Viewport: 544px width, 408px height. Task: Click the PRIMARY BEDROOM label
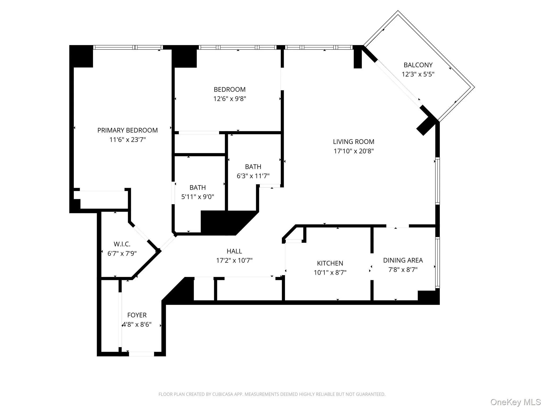127,130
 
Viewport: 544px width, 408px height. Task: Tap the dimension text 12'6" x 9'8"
229,99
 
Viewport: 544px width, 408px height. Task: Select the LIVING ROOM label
354,142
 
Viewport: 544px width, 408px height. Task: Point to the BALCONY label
418,65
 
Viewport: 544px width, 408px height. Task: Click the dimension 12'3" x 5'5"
418,74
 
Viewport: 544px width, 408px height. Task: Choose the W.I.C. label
122,244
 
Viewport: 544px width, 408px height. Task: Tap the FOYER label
137,315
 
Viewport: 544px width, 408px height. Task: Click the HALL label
234,251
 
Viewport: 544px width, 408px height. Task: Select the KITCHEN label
330,263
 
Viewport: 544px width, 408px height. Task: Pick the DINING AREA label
403,260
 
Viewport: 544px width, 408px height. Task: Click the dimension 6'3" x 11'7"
253,176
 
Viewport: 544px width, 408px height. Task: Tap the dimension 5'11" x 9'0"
198,197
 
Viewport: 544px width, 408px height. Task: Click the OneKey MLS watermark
515,402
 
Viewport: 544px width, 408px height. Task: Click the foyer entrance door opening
141,354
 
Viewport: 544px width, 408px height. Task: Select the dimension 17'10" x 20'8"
354,151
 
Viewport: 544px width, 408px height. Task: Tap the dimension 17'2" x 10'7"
234,260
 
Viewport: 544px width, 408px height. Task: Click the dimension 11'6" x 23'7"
127,140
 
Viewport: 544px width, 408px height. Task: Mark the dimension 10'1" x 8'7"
330,273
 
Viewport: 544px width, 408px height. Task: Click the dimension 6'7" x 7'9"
122,253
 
